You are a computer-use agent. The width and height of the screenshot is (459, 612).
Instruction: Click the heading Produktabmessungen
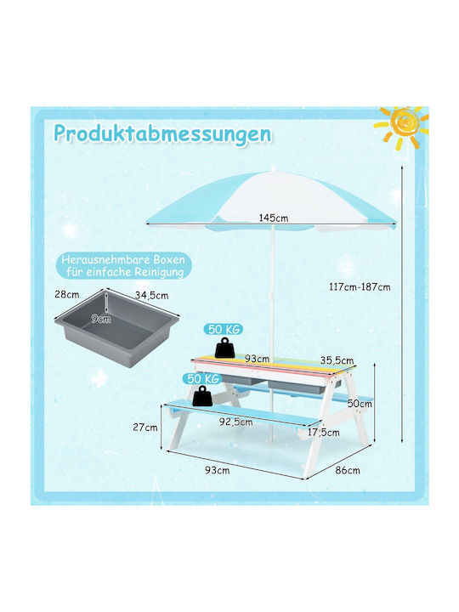162,134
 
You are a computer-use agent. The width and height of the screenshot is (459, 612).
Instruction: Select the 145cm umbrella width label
274,218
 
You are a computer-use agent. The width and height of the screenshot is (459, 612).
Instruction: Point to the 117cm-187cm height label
360,287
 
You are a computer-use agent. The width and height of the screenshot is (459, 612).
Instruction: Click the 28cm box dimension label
67,294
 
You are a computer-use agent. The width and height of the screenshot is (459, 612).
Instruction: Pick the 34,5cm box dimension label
152,296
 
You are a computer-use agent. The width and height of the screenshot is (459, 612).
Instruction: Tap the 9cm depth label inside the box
101,320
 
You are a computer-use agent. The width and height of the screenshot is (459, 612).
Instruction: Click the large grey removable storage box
116,327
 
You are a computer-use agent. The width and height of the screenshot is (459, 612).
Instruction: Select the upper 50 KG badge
224,330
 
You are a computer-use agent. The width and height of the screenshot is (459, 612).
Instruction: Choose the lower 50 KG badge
202,378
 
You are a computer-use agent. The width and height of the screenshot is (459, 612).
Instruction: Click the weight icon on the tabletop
224,348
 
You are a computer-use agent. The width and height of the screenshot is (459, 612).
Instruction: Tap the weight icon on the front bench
203,397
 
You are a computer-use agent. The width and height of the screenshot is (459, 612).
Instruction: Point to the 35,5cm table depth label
337,360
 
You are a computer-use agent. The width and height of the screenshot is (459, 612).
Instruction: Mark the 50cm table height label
360,403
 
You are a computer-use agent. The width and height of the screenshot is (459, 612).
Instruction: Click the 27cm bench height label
145,428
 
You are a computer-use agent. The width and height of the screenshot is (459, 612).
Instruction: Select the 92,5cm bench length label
235,422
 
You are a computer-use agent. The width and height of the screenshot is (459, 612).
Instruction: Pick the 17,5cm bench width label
324,433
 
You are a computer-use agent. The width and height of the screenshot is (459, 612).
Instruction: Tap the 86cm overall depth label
348,470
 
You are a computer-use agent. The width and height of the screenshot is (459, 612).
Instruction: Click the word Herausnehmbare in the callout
105,259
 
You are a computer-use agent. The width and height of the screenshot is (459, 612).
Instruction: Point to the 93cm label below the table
218,470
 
